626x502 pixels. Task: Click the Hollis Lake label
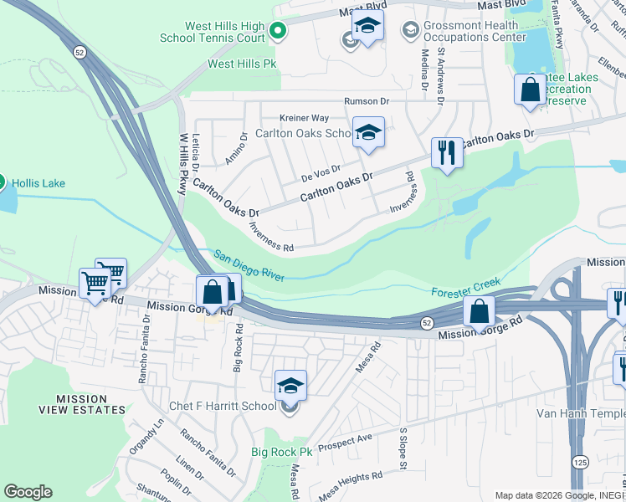38,183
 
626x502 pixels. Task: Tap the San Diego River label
250,266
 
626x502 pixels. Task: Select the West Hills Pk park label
242,63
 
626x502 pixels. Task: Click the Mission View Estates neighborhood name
82,404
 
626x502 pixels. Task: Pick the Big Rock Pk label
281,452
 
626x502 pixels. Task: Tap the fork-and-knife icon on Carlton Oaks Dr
447,152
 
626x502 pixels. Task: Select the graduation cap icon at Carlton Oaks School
368,131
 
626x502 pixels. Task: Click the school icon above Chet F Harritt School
290,385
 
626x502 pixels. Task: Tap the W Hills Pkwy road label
182,163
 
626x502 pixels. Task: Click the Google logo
28,492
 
